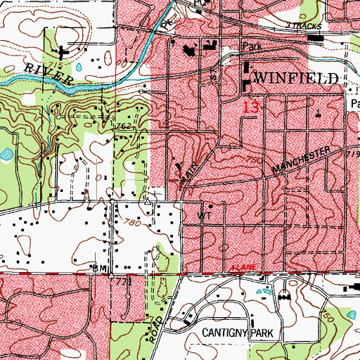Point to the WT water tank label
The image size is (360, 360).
(205, 217)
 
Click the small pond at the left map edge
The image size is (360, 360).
(6, 153)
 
